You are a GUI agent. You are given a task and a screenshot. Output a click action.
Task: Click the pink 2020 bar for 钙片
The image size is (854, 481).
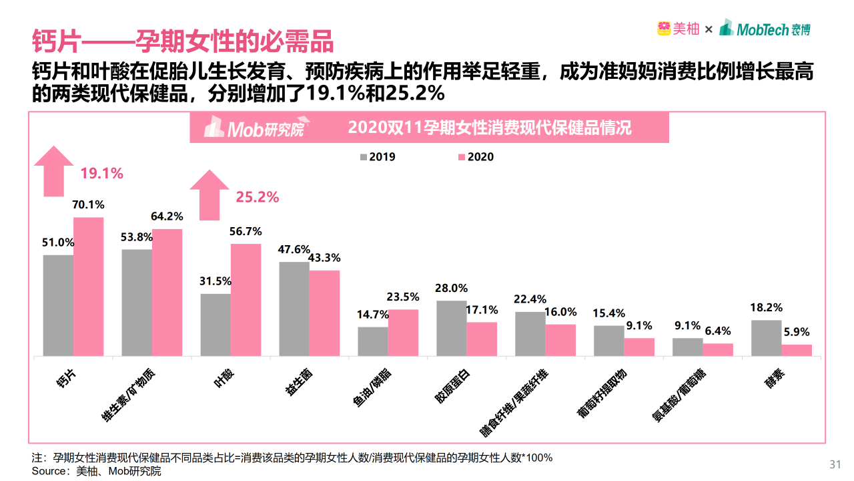point(89,286)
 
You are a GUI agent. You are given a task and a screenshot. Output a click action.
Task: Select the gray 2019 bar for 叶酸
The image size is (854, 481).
point(216,324)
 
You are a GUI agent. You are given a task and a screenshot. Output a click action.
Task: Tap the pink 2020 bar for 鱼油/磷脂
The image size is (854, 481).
point(403,332)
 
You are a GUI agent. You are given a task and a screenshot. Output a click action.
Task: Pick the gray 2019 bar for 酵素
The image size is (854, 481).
point(766,337)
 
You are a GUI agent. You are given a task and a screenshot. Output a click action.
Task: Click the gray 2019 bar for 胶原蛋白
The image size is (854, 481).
point(451,327)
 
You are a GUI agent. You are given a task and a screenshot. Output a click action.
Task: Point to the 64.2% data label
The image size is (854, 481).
point(166,216)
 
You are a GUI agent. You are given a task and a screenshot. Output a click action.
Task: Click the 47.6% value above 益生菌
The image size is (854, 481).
point(294,249)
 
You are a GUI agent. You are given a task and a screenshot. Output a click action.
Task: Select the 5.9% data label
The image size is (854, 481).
point(797,331)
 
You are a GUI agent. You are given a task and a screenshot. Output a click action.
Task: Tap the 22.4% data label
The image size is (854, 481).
point(530,299)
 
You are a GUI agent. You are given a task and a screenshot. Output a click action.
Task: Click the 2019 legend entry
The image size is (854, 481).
point(378,157)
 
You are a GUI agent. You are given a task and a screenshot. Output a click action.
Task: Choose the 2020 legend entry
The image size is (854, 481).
point(476,157)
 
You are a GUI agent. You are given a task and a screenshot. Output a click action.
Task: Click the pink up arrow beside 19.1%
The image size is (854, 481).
point(54,171)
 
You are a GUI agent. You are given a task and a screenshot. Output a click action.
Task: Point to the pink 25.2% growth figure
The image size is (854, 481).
point(258,197)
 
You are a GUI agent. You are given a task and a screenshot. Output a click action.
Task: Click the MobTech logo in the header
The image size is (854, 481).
point(765,29)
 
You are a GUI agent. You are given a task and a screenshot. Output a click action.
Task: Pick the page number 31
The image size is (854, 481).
point(835,464)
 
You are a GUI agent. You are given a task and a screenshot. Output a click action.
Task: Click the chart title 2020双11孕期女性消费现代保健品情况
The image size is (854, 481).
point(490,128)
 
